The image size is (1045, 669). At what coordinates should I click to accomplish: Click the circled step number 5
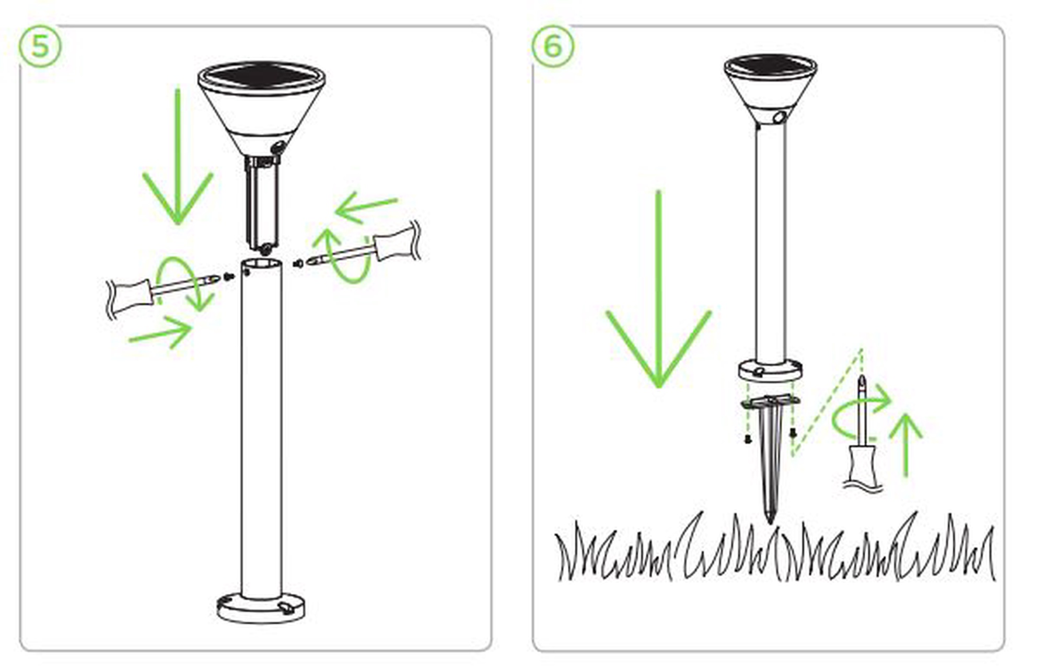tap(40, 46)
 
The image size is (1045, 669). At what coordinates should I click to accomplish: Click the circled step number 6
tap(553, 46)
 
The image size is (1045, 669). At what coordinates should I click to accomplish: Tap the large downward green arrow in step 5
tap(178, 157)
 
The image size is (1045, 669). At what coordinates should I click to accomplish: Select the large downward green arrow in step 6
tap(658, 289)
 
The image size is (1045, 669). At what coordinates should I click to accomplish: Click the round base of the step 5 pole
tap(261, 607)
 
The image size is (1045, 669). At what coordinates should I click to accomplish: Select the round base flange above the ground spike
tap(770, 371)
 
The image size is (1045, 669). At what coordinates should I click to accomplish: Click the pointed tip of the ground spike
tap(770, 521)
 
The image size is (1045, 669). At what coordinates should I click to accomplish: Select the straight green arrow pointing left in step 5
tap(366, 207)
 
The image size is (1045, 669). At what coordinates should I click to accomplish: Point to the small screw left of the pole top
tap(228, 276)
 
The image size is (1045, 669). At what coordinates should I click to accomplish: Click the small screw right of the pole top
tap(298, 263)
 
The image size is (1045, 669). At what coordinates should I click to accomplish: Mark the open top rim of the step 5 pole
tap(262, 264)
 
